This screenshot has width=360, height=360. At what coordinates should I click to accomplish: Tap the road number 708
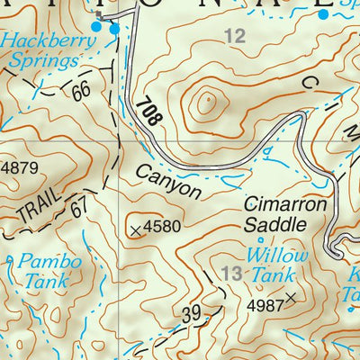click(149, 113)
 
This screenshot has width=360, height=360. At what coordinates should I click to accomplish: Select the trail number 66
click(84, 90)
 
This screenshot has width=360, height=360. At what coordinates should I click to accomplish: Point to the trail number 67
click(80, 208)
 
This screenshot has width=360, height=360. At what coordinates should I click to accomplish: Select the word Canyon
click(169, 180)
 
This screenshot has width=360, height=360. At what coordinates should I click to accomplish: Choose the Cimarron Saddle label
click(284, 213)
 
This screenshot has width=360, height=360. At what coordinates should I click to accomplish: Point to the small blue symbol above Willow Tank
click(261, 240)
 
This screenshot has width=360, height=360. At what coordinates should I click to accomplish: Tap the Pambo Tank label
click(52, 271)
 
